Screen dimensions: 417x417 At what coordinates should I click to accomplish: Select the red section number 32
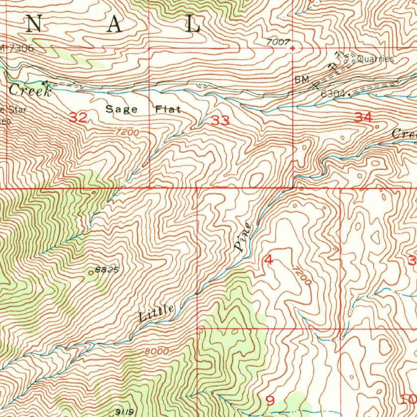tap(78, 118)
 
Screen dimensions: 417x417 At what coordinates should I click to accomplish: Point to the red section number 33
tap(220, 120)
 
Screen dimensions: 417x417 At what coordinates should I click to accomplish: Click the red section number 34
tap(363, 118)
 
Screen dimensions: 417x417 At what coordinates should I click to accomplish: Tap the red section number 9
tap(270, 400)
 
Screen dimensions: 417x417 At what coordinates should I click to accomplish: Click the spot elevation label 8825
tap(107, 269)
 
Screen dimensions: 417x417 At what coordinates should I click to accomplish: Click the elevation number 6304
tap(332, 94)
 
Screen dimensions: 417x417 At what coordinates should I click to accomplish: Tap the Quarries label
tap(375, 59)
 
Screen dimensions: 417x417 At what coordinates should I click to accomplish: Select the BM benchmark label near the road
tap(303, 79)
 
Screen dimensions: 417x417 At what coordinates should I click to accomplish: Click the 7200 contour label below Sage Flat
tap(127, 132)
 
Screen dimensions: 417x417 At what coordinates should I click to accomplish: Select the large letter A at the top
tap(114, 25)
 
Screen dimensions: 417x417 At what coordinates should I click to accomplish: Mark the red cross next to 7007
tap(292, 48)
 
